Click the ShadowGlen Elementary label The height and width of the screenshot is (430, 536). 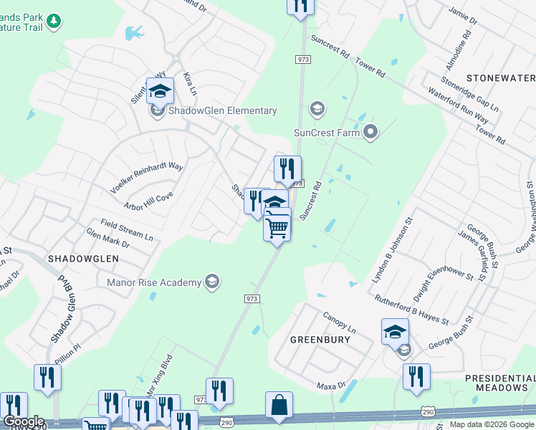pos(222,110)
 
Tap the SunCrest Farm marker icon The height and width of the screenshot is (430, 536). pos(370,131)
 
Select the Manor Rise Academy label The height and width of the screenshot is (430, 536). pos(154,282)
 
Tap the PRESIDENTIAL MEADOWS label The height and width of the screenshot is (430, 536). pos(496,382)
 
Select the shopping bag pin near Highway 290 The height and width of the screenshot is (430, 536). pos(279,406)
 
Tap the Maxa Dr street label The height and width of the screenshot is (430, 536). pos(331,386)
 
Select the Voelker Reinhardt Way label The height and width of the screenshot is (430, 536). pos(147,177)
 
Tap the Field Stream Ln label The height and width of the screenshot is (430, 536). pos(127,229)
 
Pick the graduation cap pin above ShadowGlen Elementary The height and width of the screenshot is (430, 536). pos(160,91)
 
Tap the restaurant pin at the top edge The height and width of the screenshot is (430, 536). pos(301,6)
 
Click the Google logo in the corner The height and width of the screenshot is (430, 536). pos(24,421)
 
